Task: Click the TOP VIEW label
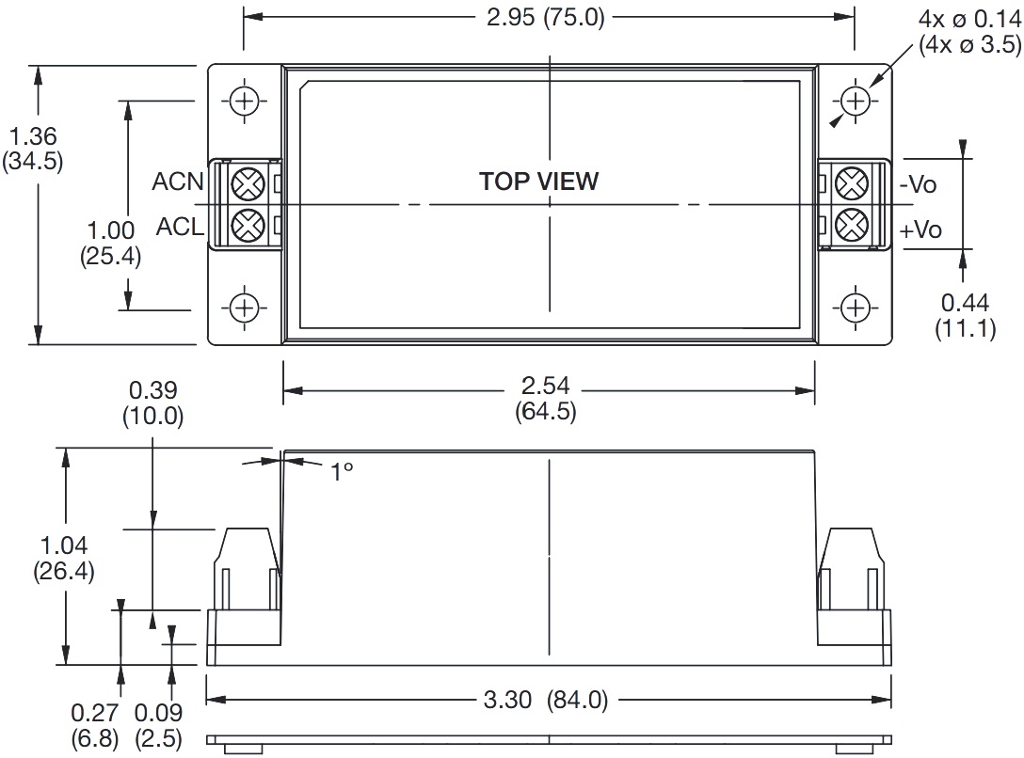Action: tap(538, 182)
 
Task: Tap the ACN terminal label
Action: tap(178, 182)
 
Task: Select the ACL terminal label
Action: tap(181, 227)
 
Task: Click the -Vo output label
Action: tap(919, 184)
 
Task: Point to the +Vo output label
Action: tap(920, 229)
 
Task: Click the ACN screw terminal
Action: tap(248, 183)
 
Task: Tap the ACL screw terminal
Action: tap(248, 226)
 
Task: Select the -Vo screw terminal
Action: tap(853, 183)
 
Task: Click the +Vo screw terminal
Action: tap(853, 226)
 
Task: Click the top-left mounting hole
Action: tap(245, 102)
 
